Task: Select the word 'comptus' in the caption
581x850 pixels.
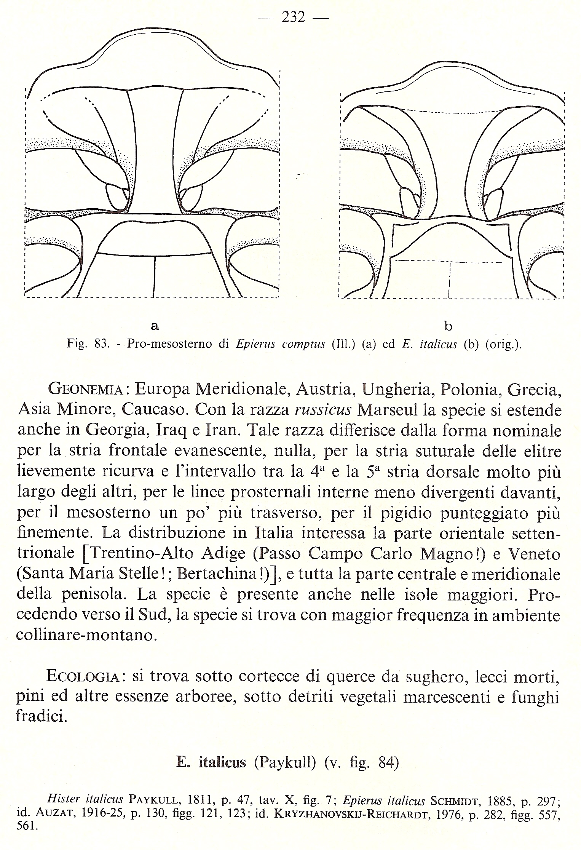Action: pos(303,344)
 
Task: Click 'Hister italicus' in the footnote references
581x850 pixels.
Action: pos(85,799)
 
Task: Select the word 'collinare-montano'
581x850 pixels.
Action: pos(86,635)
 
